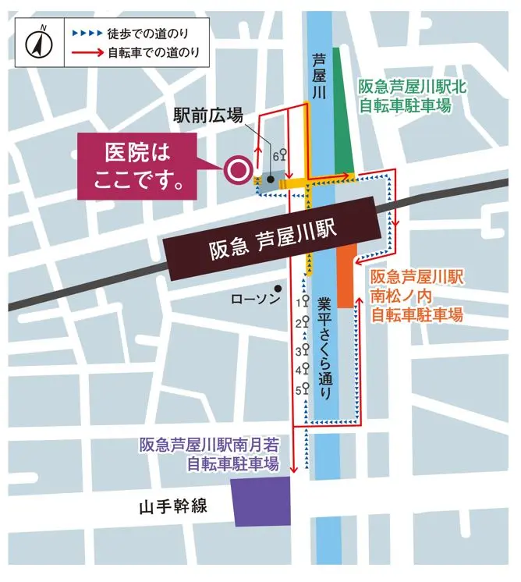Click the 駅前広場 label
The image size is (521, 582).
tap(207, 116)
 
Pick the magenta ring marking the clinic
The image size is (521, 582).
tap(236, 168)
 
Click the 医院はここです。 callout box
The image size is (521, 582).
tap(143, 167)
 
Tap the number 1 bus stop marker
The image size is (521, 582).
tap(303, 301)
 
